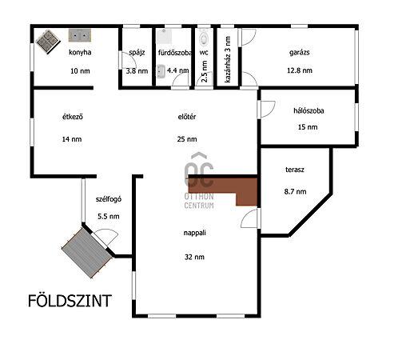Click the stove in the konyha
pyautogui.click(x=48, y=42)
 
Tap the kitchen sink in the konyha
pyautogui.click(x=80, y=35)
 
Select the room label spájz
pyautogui.click(x=137, y=53)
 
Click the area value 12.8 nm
pyautogui.click(x=300, y=70)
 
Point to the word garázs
pyautogui.click(x=300, y=53)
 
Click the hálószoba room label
pyautogui.click(x=308, y=110)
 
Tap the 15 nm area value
pyautogui.click(x=308, y=127)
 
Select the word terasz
pyautogui.click(x=295, y=170)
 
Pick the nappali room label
pyautogui.click(x=195, y=233)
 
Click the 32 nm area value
pyautogui.click(x=194, y=257)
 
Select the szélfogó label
pyautogui.click(x=109, y=199)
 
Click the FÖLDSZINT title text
pyautogui.click(x=70, y=301)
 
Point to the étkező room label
pyautogui.click(x=73, y=117)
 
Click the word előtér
pyautogui.click(x=187, y=117)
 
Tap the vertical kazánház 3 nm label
pyautogui.click(x=228, y=59)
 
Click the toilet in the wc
pyautogui.click(x=204, y=37)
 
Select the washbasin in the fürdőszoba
pyautogui.click(x=161, y=71)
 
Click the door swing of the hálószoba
pyautogui.click(x=268, y=109)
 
